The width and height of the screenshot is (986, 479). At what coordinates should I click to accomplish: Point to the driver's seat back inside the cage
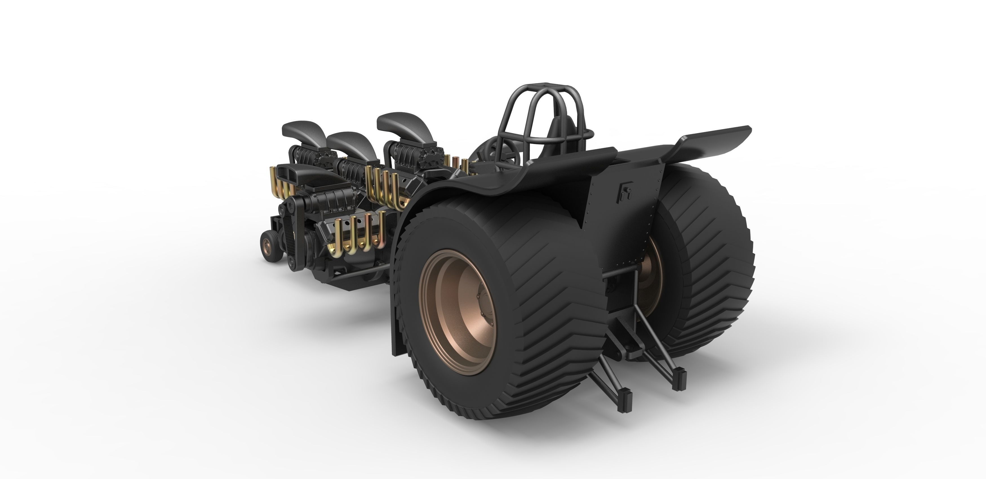(559, 130)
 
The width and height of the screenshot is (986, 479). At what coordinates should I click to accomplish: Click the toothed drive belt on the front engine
(291, 237)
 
